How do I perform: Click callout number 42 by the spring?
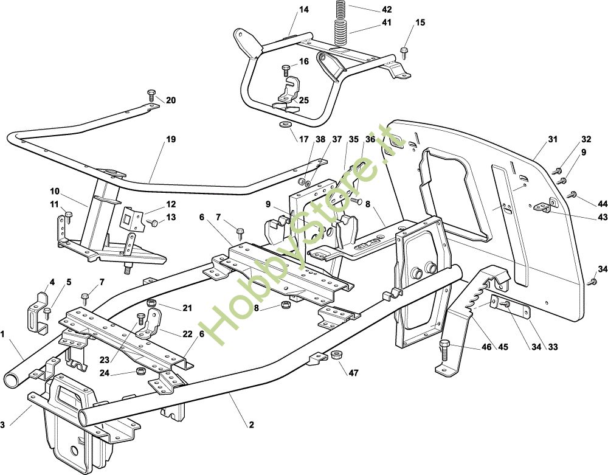tap(387, 9)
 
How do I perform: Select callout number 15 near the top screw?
tap(420, 23)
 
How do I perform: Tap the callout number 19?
tap(171, 139)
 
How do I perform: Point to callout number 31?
tap(553, 139)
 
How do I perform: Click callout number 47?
tap(354, 373)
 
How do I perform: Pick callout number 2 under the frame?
tap(251, 425)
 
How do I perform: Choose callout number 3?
tap(2, 425)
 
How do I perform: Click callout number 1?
tap(2, 333)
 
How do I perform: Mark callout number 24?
tap(105, 373)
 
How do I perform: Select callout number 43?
tap(602, 217)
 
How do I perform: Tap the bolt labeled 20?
tap(151, 95)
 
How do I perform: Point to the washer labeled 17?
tap(286, 126)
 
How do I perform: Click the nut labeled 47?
tap(336, 355)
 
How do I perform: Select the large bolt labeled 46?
tap(445, 350)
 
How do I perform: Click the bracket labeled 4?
tap(38, 311)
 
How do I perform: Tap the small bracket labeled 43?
tap(545, 204)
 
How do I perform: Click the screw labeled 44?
tap(572, 195)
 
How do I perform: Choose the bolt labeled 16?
tap(286, 70)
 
